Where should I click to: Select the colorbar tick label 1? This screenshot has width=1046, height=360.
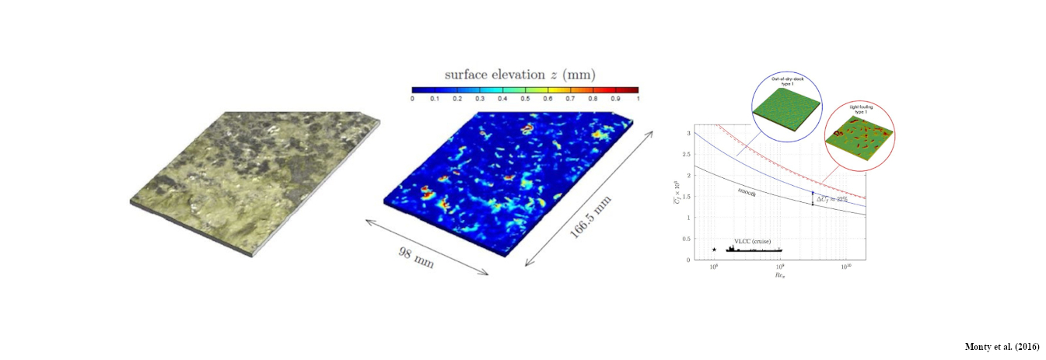637,100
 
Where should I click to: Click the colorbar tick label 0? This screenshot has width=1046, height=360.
412,100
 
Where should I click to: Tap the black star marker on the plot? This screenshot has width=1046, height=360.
714,250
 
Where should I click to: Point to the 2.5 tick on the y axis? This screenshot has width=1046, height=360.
686,154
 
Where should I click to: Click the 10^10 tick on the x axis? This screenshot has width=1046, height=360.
845,267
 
